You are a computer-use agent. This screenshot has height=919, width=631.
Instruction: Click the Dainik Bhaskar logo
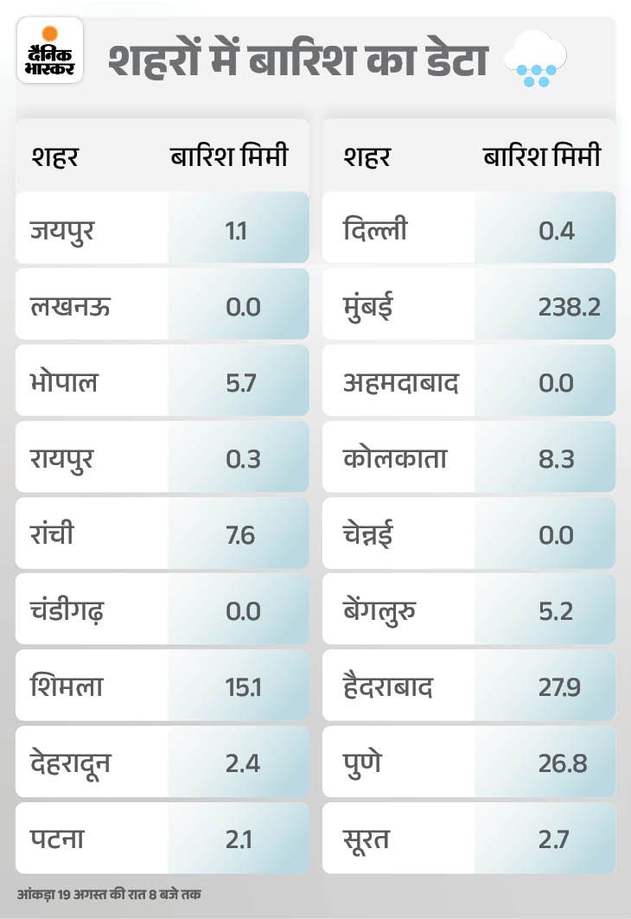tap(49, 51)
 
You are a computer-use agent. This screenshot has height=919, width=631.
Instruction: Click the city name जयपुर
tap(61, 232)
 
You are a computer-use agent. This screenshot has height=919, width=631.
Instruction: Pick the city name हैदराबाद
tap(387, 687)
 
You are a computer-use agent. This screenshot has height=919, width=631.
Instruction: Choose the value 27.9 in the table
tap(557, 688)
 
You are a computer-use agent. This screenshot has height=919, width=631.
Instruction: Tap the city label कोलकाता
tap(394, 459)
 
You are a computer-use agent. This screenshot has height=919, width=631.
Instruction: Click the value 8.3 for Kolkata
tap(557, 459)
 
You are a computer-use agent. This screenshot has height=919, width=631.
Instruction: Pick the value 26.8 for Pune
tap(557, 764)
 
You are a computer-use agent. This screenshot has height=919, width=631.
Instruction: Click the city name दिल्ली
tap(375, 231)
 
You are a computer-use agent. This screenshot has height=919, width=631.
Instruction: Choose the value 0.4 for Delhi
tap(557, 232)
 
